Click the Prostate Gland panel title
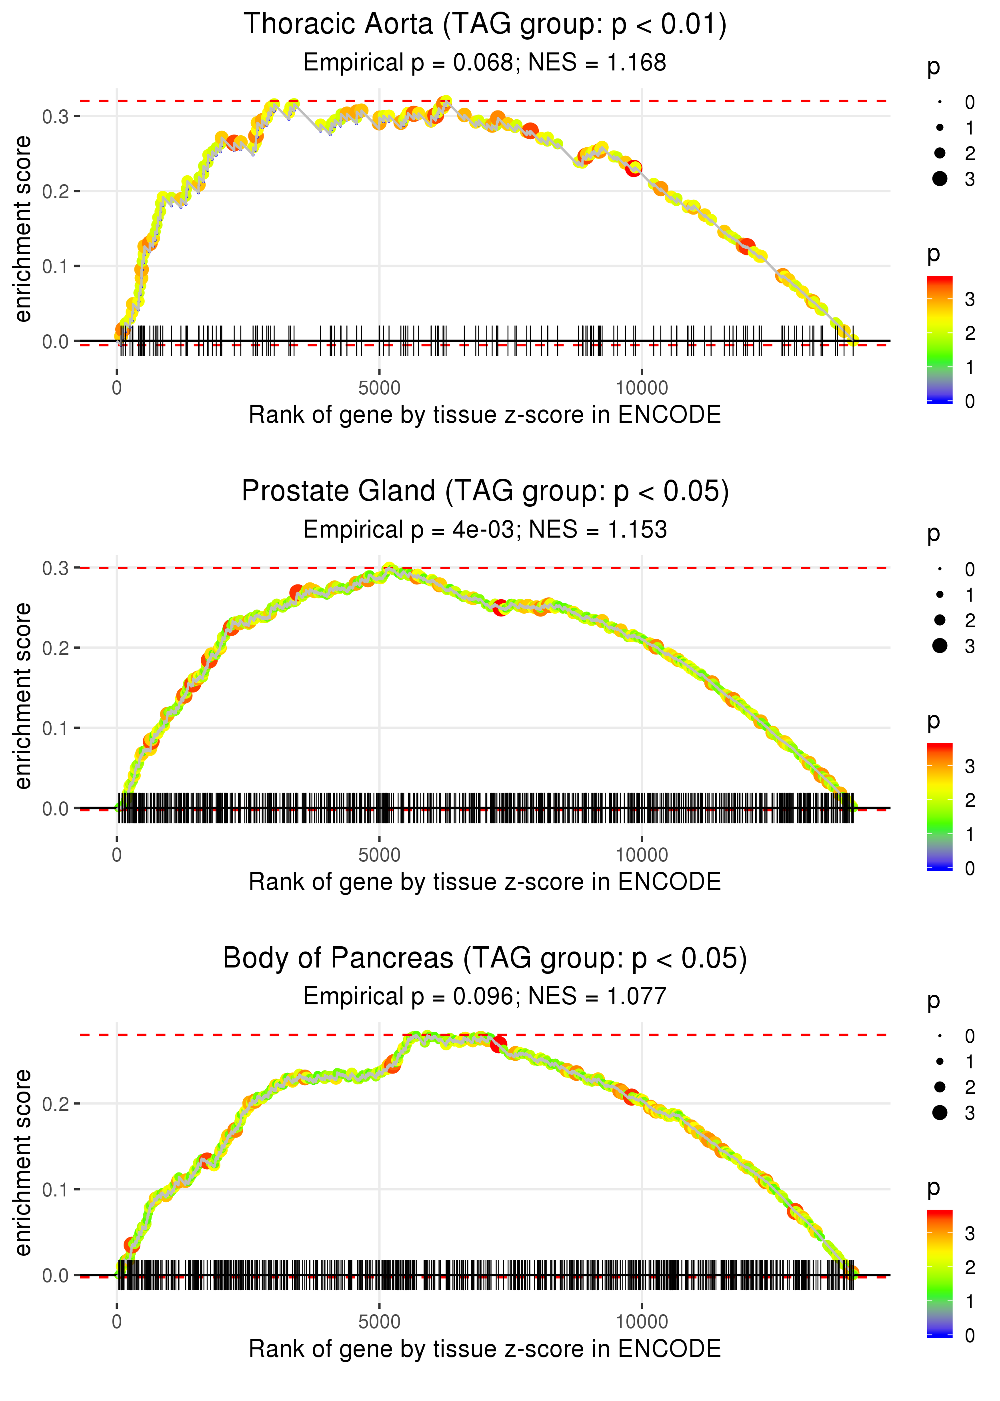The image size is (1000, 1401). [x=485, y=492]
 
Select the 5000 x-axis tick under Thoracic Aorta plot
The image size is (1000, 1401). [x=379, y=388]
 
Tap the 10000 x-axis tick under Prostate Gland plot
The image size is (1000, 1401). [x=641, y=855]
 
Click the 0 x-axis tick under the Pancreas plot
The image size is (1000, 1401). [x=117, y=1322]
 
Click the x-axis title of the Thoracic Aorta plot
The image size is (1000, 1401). [x=485, y=415]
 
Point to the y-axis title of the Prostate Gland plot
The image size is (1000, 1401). [x=23, y=696]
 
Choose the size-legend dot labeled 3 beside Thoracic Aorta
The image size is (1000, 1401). [x=940, y=179]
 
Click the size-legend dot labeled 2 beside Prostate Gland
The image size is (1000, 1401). [x=940, y=620]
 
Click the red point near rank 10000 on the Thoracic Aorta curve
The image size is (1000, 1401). [x=634, y=168]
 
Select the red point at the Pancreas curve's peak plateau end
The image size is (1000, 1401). [x=499, y=1044]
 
